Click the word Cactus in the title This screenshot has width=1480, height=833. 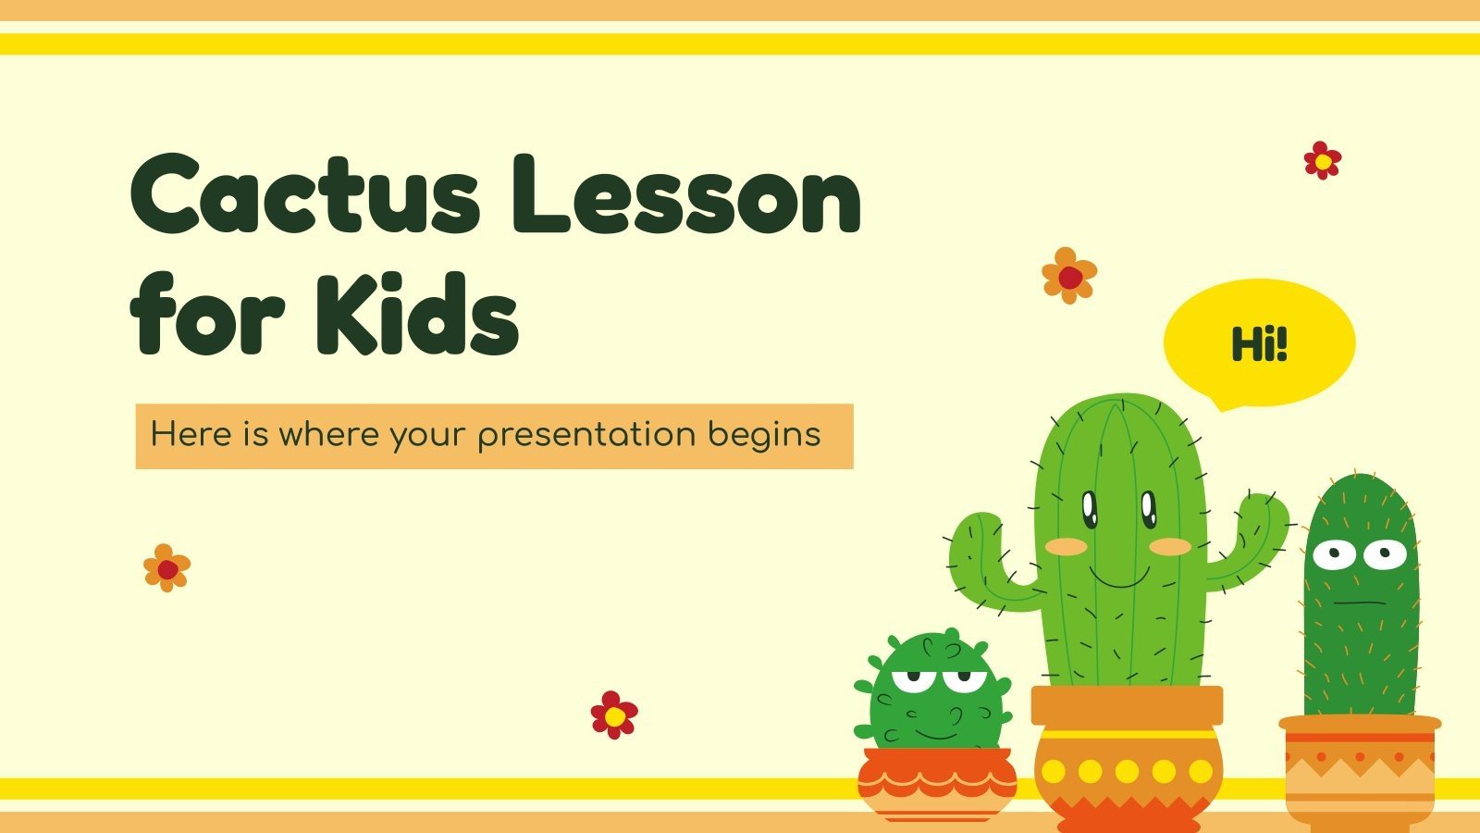(x=306, y=196)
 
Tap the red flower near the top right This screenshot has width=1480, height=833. (x=1323, y=161)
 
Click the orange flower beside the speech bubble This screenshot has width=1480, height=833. (x=1069, y=276)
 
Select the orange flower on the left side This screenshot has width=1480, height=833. (x=166, y=568)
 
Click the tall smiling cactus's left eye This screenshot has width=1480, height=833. (x=1090, y=507)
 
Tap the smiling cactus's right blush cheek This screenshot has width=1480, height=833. (x=1171, y=546)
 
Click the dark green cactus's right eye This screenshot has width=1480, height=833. (x=1386, y=555)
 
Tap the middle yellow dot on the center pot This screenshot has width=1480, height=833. (x=1127, y=771)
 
